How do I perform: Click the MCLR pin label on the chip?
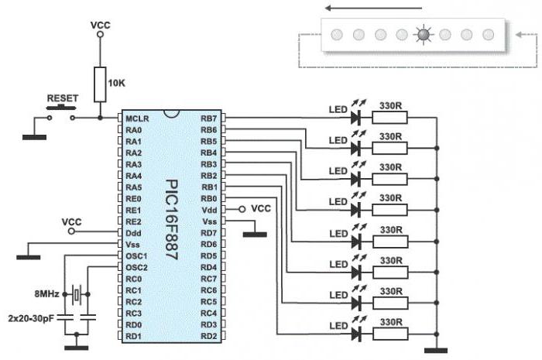[x=137, y=118]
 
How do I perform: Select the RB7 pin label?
[x=209, y=118]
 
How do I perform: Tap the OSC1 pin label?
[x=136, y=256]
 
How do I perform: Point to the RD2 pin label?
[x=209, y=336]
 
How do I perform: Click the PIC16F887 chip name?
[x=172, y=219]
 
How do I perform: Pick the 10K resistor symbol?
[x=100, y=84]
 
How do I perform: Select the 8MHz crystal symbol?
[x=77, y=294]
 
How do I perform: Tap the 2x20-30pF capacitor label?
[x=31, y=318]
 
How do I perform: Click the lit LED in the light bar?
[x=424, y=35]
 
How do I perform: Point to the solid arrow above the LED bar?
[x=373, y=8]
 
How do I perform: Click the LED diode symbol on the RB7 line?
[x=356, y=118]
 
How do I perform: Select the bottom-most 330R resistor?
[x=390, y=334]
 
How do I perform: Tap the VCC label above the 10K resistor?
[x=100, y=26]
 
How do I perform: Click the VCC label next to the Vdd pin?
[x=261, y=209]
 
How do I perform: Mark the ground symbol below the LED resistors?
[x=436, y=351]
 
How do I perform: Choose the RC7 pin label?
[x=209, y=279]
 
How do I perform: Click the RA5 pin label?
[x=134, y=187]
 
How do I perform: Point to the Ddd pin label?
[x=134, y=233]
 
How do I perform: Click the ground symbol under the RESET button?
[x=35, y=137]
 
